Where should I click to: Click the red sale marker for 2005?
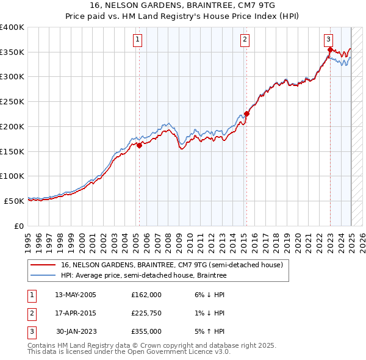[139, 145]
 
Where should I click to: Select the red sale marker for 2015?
[246, 113]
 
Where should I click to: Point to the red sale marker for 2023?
[330, 49]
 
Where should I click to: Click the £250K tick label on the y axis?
[12, 101]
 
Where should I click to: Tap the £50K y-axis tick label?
[15, 201]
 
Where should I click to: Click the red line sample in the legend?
[43, 265]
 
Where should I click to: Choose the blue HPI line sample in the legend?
[43, 276]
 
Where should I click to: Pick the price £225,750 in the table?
[146, 313]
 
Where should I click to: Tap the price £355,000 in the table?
[146, 331]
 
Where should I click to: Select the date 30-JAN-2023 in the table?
[76, 331]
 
